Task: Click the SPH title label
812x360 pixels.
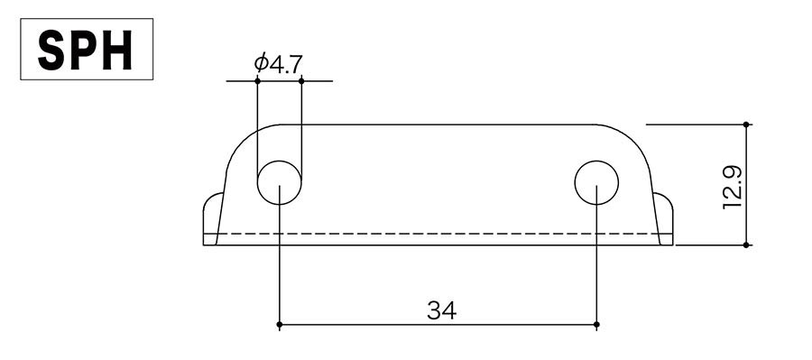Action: pyautogui.click(x=86, y=50)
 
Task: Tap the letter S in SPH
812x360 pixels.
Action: pyautogui.click(x=51, y=50)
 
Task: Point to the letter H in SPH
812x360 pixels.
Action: pyautogui.click(x=117, y=50)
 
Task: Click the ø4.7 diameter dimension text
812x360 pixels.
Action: pyautogui.click(x=278, y=63)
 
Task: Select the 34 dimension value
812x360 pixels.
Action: pyautogui.click(x=442, y=310)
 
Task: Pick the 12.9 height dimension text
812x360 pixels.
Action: pyautogui.click(x=733, y=188)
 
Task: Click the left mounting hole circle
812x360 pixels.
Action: pyautogui.click(x=279, y=182)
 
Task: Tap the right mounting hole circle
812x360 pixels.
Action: pyautogui.click(x=596, y=182)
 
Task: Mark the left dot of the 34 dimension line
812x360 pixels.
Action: pyautogui.click(x=279, y=325)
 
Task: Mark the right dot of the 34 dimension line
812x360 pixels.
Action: pyautogui.click(x=596, y=325)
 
